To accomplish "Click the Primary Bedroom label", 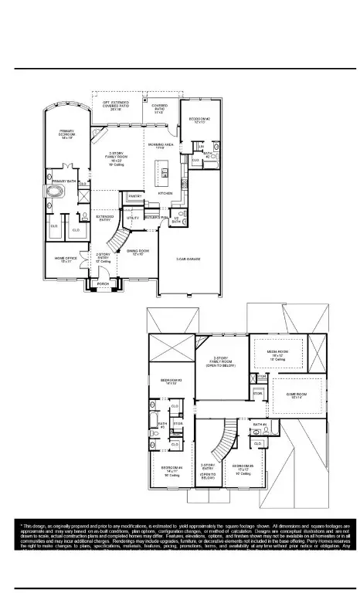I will pyautogui.click(x=67, y=134).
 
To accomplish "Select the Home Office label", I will pyautogui.click(x=65, y=260).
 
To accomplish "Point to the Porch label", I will pyautogui.click(x=103, y=284).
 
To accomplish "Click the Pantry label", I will pyautogui.click(x=134, y=196).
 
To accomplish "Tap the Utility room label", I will pyautogui.click(x=133, y=219).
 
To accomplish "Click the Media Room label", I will pyautogui.click(x=278, y=354).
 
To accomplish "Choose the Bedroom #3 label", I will pyautogui.click(x=171, y=381).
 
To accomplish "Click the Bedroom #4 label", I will pyautogui.click(x=172, y=469).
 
